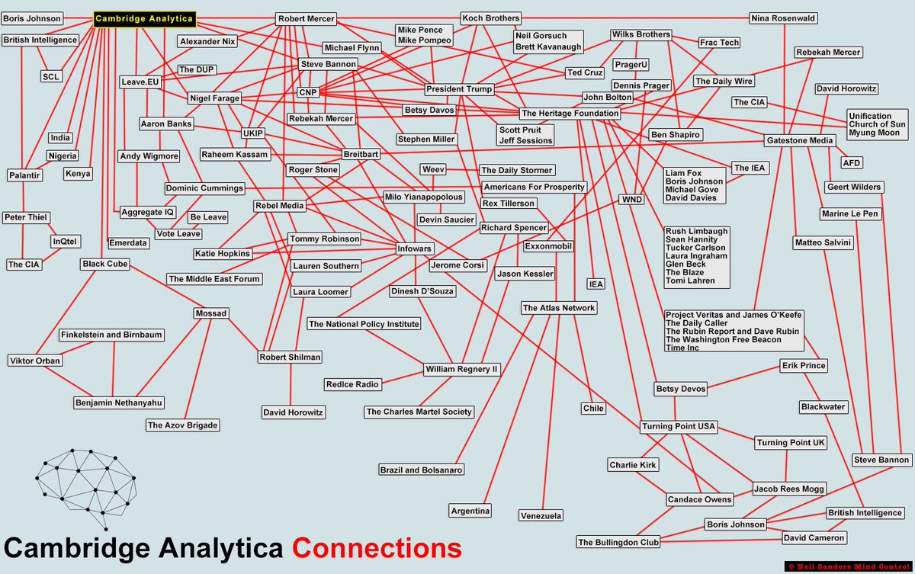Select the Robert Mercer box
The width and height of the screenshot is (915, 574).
click(x=306, y=18)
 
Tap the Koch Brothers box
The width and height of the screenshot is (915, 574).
click(x=491, y=18)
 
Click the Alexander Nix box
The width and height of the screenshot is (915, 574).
click(x=207, y=41)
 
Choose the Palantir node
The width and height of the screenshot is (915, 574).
click(x=25, y=175)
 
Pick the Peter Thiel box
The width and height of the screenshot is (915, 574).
click(x=26, y=217)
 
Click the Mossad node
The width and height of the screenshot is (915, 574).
click(x=212, y=313)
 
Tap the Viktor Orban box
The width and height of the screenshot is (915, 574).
click(x=34, y=361)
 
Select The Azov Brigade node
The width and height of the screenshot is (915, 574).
click(x=182, y=425)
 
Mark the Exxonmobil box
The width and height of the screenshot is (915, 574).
click(x=548, y=246)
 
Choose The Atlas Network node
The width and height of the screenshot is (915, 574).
click(x=559, y=308)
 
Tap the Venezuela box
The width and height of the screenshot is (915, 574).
click(x=541, y=515)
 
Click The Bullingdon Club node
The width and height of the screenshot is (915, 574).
click(x=618, y=542)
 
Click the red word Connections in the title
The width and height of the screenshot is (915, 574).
click(x=377, y=549)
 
